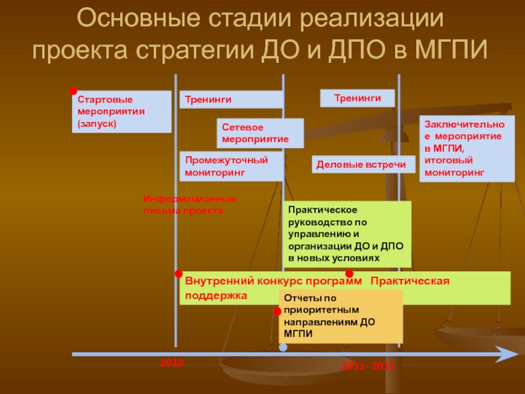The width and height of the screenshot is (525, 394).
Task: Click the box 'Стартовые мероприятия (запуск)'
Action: click(x=121, y=112)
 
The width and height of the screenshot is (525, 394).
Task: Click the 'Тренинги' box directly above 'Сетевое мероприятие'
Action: click(x=232, y=99)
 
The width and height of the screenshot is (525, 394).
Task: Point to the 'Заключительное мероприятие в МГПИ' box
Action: click(x=467, y=148)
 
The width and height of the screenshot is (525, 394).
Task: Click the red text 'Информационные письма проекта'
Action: click(x=189, y=204)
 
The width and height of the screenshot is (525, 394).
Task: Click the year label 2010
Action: click(x=172, y=362)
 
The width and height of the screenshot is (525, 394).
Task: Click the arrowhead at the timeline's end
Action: click(x=509, y=354)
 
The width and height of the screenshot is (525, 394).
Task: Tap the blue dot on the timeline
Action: click(x=283, y=347)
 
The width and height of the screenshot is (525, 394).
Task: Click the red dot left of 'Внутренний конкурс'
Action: click(x=178, y=273)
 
